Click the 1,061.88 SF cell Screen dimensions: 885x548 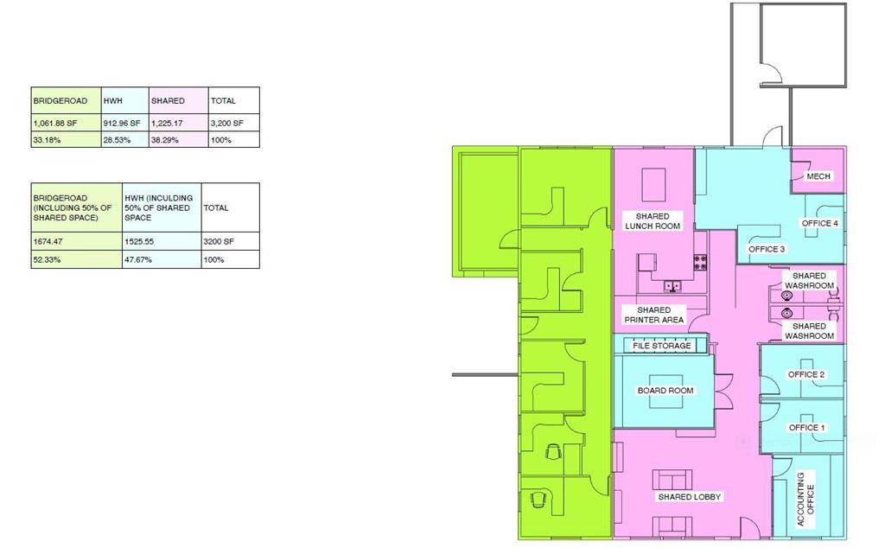pyautogui.click(x=66, y=123)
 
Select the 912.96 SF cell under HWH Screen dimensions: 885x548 pyautogui.click(x=125, y=123)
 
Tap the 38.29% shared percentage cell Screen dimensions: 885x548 pyautogui.click(x=178, y=139)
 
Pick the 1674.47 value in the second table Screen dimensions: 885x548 pyautogui.click(x=76, y=241)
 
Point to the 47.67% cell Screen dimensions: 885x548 pyautogui.click(x=162, y=259)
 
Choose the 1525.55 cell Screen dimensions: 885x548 pyautogui.click(x=162, y=241)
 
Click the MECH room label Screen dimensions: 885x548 pyautogui.click(x=818, y=176)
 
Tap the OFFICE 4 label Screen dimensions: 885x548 pyautogui.click(x=819, y=223)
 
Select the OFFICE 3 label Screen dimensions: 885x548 pyautogui.click(x=767, y=249)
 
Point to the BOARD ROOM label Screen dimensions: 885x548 pyautogui.click(x=665, y=390)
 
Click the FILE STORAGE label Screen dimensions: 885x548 pyautogui.click(x=661, y=346)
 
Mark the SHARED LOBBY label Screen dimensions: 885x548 pyautogui.click(x=689, y=497)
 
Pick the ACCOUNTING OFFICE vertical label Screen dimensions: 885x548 pyautogui.click(x=805, y=500)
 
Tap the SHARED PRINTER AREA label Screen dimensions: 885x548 pyautogui.click(x=653, y=315)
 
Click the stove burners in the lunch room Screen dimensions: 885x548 pyautogui.click(x=700, y=262)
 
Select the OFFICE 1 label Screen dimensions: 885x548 pyautogui.click(x=806, y=427)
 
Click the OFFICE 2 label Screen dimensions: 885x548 pyautogui.click(x=806, y=374)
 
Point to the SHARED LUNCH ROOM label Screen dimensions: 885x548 pyautogui.click(x=653, y=220)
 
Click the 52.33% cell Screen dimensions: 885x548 pyautogui.click(x=76, y=259)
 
